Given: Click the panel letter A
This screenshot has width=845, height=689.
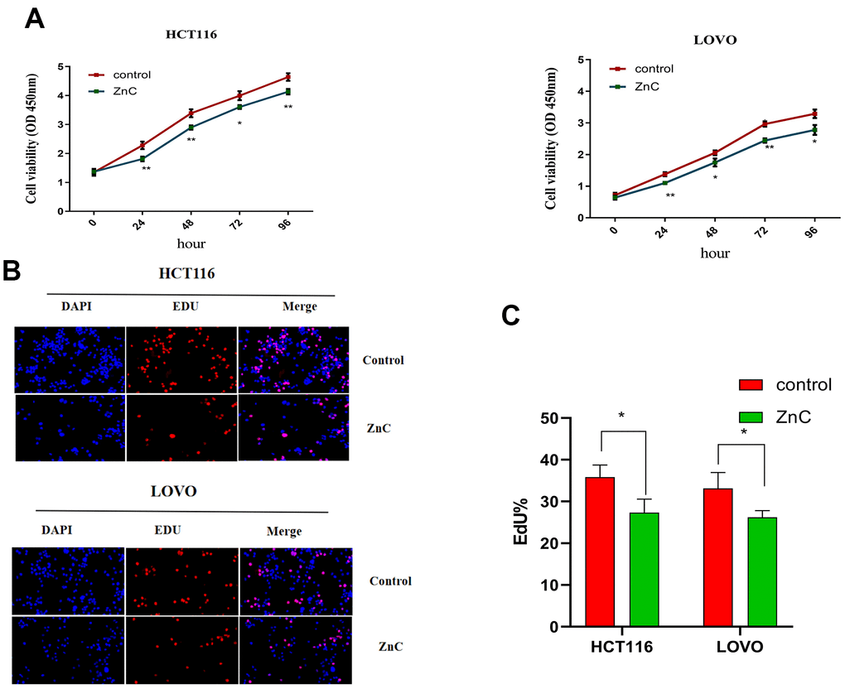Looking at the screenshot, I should click(34, 18).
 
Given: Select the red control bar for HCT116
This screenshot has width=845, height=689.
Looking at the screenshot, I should click(600, 552).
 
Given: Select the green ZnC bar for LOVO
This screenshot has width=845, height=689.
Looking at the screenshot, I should click(761, 572).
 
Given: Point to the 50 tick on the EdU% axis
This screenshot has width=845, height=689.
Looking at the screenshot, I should click(548, 418).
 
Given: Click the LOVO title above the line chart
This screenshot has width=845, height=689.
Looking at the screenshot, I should click(712, 41).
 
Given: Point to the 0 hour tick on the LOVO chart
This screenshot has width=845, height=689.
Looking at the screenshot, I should click(614, 229).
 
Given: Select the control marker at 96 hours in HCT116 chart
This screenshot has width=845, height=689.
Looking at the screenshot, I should click(287, 77).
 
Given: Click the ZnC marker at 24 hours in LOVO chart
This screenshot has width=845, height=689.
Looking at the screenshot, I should click(664, 182).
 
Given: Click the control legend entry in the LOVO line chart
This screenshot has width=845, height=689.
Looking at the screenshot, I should click(642, 70).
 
